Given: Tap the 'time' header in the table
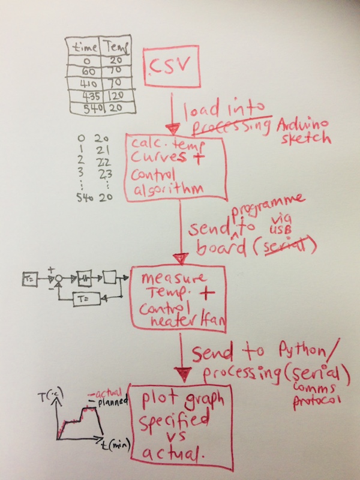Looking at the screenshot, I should (83, 47).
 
